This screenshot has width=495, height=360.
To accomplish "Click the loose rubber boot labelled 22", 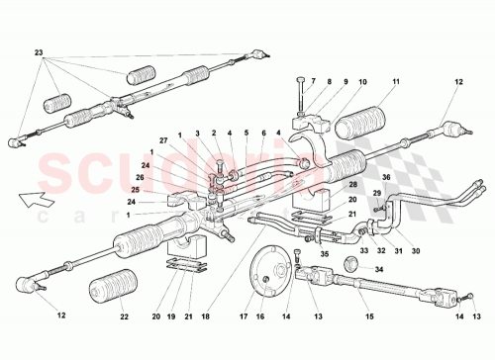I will pos(112,292).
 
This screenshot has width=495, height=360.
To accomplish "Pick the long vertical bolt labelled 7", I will pos(298,100).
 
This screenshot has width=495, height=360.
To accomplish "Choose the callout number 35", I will pos(324,252).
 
